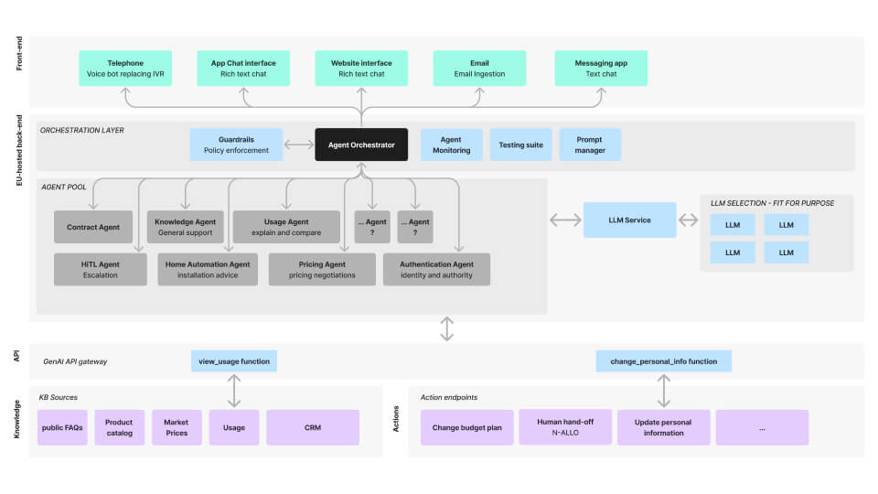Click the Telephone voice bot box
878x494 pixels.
point(125,69)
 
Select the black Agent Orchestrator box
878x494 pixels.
point(361,145)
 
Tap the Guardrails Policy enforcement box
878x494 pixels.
point(236,145)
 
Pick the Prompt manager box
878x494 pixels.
point(590,145)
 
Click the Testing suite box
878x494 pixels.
point(520,145)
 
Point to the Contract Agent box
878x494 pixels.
point(93,227)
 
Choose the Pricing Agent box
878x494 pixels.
point(322,269)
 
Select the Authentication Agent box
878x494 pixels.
point(436,269)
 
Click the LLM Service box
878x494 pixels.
point(630,220)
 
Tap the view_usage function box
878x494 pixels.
point(234,361)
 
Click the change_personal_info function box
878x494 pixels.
point(664,361)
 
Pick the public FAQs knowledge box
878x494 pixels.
point(62,427)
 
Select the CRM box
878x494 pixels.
point(313,427)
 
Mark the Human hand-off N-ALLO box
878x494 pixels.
point(565,427)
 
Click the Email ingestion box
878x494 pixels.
point(479,69)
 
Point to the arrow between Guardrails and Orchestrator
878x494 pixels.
point(299,145)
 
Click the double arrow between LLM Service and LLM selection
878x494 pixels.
point(688,220)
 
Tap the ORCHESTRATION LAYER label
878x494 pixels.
point(81,130)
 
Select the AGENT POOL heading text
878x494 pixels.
point(64,187)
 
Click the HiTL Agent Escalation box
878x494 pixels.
point(101,269)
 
